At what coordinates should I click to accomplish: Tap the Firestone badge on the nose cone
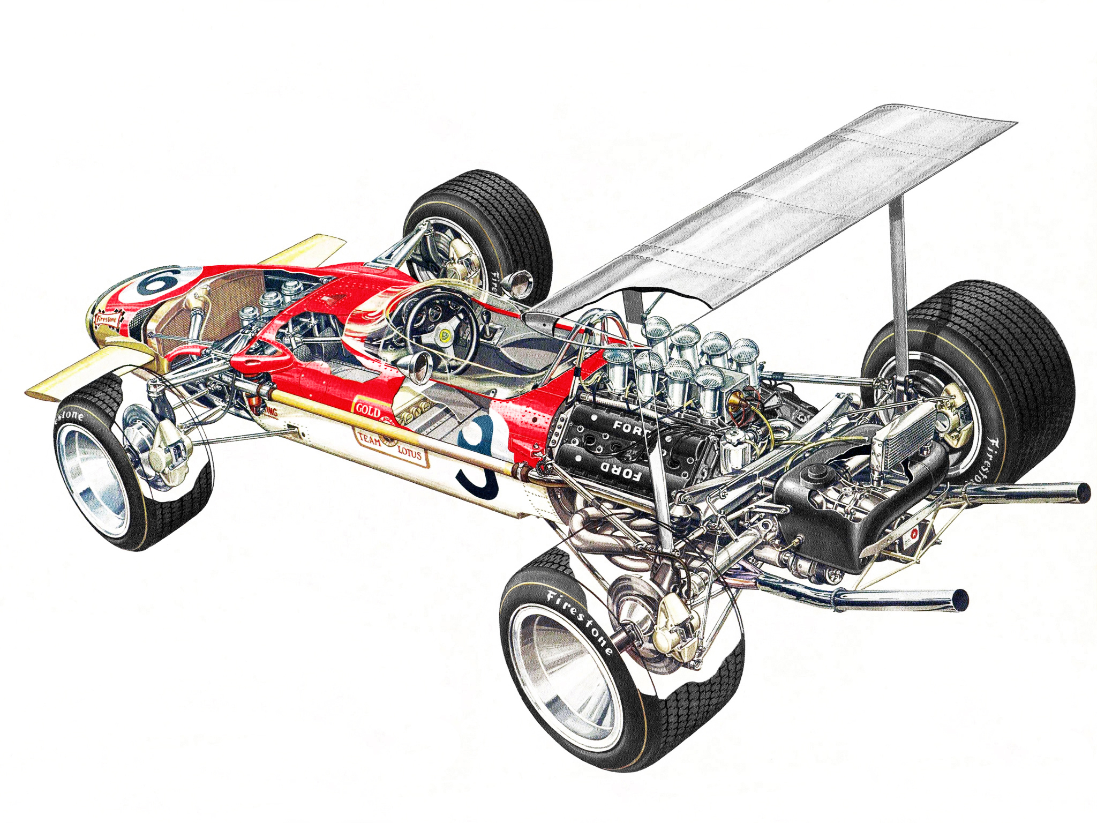(106, 320)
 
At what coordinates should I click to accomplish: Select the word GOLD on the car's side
(369, 410)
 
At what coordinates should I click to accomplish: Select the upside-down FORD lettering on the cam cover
(620, 470)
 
